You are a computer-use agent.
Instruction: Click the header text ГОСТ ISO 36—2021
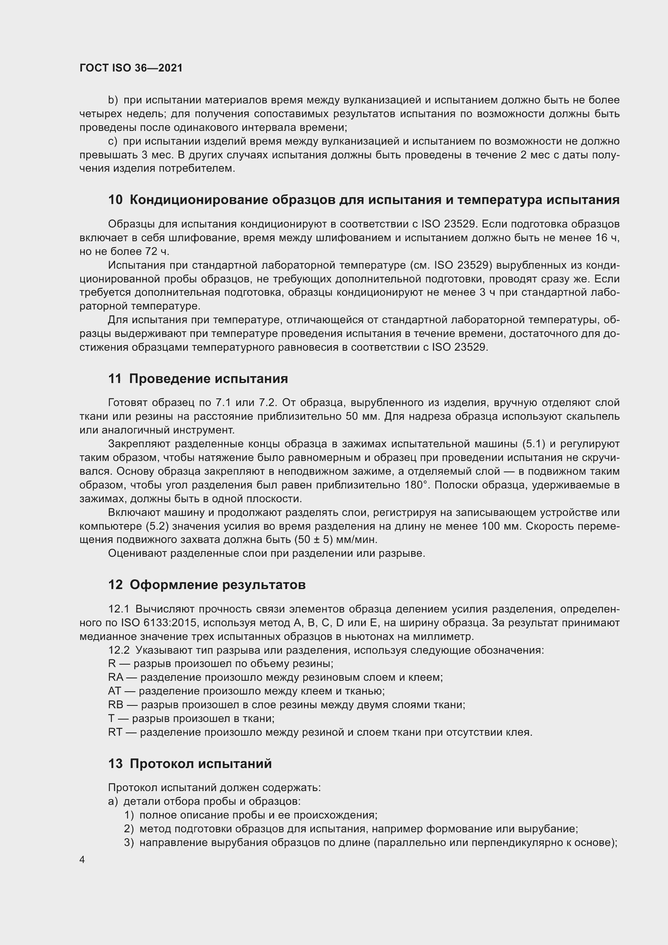[131, 68]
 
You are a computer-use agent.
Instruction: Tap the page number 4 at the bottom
[82, 860]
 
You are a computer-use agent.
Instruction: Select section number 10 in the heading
[115, 200]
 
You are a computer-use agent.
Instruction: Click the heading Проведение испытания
[208, 379]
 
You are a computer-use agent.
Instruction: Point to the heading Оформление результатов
[218, 585]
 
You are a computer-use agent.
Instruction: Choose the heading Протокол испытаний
[201, 764]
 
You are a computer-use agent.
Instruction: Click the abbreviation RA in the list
[116, 678]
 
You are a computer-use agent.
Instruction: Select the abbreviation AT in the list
[114, 691]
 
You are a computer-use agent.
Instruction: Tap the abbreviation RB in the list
[116, 705]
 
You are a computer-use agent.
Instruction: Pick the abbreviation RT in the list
[115, 732]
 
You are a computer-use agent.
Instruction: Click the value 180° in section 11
[414, 485]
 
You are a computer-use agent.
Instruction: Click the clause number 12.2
[118, 650]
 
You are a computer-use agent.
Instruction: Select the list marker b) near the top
[113, 101]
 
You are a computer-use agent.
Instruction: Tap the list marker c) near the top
[112, 141]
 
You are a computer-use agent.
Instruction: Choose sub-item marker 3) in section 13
[129, 842]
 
